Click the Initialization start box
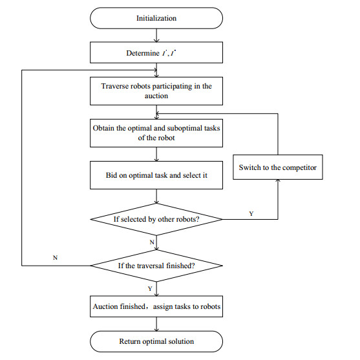(x=156, y=18)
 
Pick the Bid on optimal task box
(x=156, y=175)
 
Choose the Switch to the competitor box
(x=278, y=167)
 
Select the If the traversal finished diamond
(x=156, y=266)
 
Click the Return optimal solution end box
(x=156, y=341)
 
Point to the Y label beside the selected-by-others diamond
(x=251, y=213)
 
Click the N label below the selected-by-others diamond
(x=151, y=242)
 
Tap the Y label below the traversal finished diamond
(x=151, y=288)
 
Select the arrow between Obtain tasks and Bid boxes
(x=156, y=154)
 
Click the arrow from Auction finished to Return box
(x=156, y=324)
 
